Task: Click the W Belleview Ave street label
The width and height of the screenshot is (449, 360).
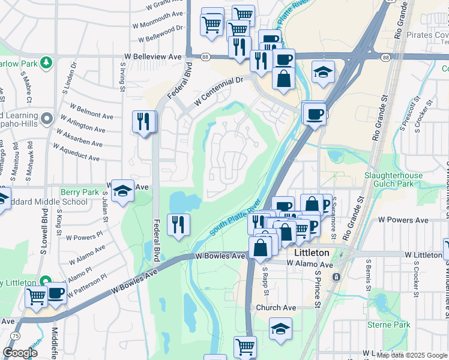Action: point(152,56)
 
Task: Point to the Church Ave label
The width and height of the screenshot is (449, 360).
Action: point(276,308)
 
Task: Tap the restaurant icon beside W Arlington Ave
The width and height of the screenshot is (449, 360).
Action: point(143,122)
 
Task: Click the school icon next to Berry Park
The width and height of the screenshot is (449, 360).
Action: point(122,190)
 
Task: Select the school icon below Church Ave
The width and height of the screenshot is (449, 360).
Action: point(280,329)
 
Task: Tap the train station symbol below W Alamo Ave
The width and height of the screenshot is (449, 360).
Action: point(336,277)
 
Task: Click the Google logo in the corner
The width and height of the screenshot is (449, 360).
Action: point(20,353)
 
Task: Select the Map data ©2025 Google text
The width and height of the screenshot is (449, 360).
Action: point(412,355)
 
